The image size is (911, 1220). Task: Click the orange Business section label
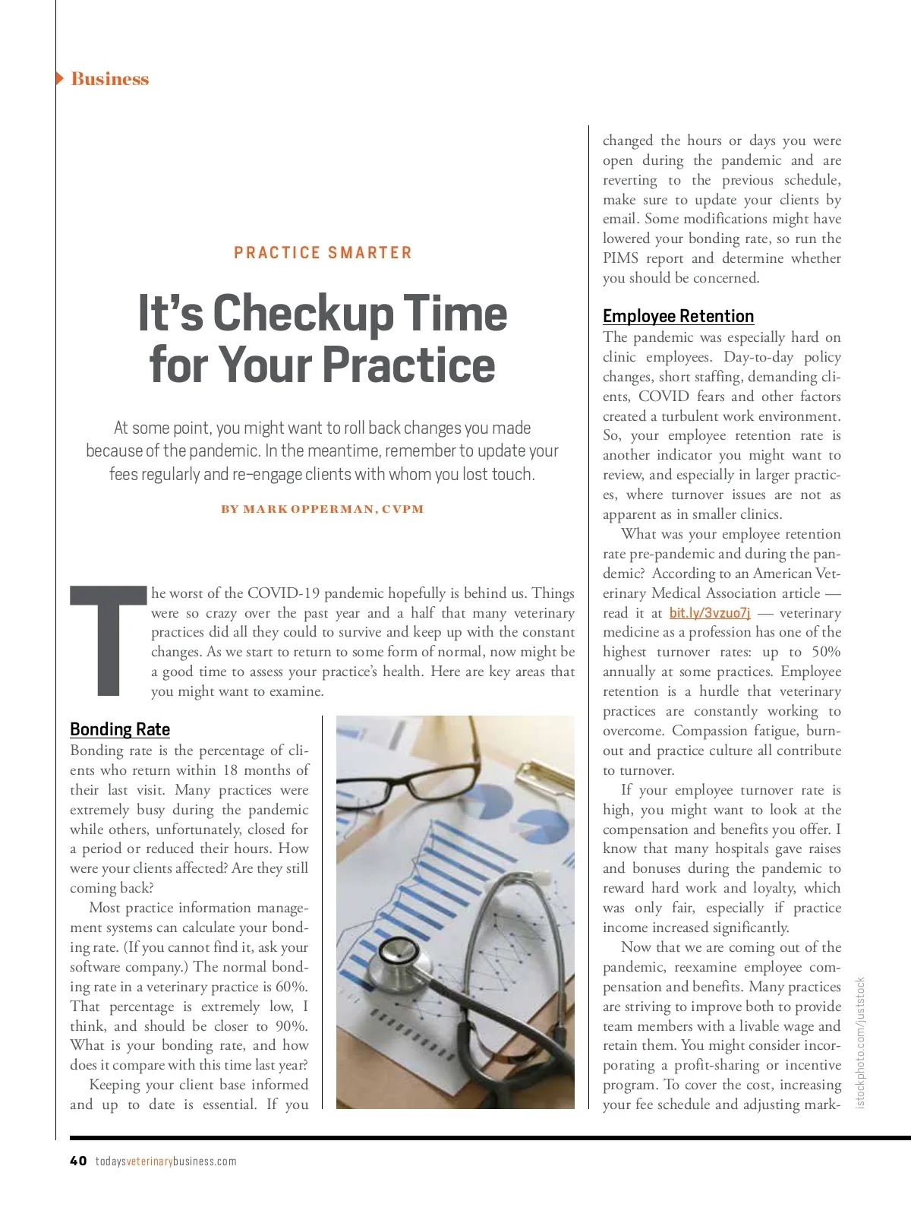coord(110,79)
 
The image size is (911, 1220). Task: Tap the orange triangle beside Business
coord(59,78)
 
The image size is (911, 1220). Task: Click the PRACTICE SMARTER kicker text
coord(323,253)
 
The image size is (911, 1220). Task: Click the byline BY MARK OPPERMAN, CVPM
coord(323,509)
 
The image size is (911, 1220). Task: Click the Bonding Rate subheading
coord(120,729)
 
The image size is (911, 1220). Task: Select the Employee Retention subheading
coord(678,316)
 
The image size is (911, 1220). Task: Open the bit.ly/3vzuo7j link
coord(710,613)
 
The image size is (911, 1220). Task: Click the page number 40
coord(78,1161)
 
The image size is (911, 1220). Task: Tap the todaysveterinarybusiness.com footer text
coord(165,1162)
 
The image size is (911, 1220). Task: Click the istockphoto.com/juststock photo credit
coord(860,1042)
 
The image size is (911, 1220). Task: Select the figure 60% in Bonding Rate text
coord(292,987)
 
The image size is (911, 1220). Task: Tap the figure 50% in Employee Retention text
coord(825,652)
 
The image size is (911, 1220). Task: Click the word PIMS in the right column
coord(620,258)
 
